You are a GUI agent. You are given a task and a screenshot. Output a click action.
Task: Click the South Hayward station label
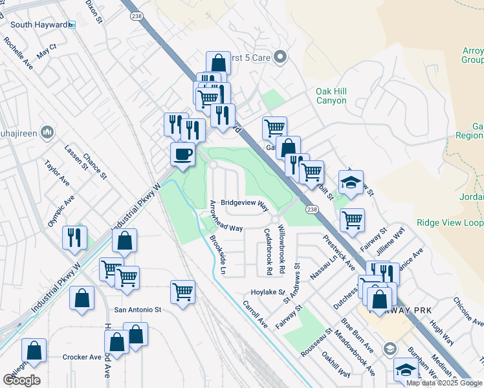click(39, 25)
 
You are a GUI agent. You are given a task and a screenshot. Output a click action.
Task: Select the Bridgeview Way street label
click(245, 202)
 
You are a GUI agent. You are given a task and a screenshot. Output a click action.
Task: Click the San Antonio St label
click(138, 310)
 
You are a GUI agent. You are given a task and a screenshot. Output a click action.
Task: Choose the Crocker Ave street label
click(82, 357)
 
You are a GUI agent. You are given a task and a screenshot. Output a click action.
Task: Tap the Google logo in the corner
click(21, 380)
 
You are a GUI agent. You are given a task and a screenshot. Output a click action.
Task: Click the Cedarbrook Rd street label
click(269, 250)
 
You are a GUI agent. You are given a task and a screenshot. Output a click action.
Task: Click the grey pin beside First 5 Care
click(280, 58)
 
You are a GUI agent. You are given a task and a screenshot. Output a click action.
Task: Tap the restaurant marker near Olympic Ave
click(74, 237)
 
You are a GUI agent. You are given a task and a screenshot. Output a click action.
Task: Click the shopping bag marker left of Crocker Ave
click(34, 350)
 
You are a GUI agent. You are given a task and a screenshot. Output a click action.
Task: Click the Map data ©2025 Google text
click(443, 383)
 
